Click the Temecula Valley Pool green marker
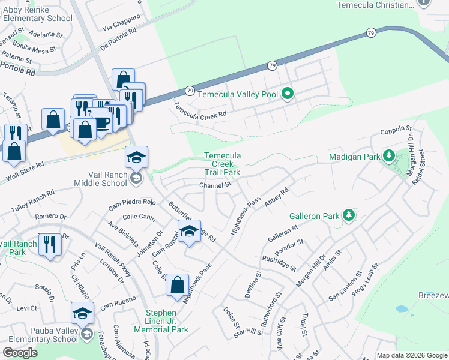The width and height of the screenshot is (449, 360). (288, 94)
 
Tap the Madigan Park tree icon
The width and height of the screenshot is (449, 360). (388, 157)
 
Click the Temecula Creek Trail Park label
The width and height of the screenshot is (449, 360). (222, 164)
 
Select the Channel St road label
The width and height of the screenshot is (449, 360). (215, 185)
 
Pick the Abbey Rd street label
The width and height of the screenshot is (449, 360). (277, 197)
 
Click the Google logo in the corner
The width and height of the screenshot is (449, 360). (20, 353)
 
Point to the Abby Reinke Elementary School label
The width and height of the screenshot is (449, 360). (37, 14)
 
